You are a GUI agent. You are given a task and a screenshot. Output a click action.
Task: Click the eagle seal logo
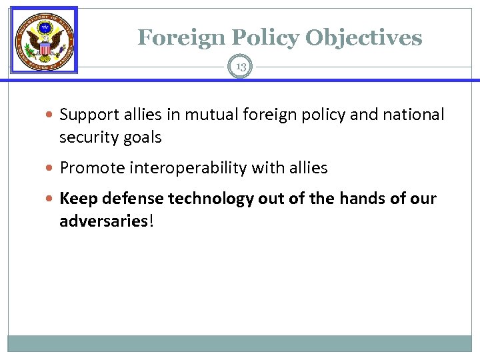tap(45, 41)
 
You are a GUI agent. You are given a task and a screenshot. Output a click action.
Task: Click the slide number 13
tap(240, 66)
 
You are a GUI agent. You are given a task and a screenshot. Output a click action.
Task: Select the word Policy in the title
tap(260, 37)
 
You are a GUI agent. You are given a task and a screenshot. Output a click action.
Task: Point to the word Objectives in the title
tap(363, 37)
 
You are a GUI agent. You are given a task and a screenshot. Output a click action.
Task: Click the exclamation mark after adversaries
tap(151, 221)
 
